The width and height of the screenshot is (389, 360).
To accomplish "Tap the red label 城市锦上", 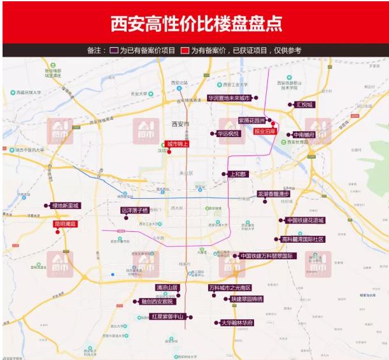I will (178, 144).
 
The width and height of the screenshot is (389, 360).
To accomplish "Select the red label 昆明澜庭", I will (65, 224).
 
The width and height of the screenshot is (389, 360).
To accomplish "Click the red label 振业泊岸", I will (266, 131).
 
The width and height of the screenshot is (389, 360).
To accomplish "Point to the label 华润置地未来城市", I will (229, 98).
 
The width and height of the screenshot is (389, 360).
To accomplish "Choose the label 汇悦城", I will (305, 104).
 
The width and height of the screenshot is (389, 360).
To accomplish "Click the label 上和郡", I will (237, 173).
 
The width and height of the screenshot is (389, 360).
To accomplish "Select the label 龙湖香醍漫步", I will (273, 194).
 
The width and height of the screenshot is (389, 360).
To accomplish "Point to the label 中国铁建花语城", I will (305, 220).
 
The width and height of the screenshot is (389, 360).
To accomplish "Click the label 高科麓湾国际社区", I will (303, 240).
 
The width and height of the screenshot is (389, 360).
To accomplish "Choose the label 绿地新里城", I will (65, 206).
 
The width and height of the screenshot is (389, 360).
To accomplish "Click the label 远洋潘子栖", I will (134, 210).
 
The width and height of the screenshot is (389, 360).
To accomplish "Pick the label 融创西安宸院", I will (156, 301).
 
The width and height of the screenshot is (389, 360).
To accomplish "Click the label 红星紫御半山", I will (167, 317).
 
